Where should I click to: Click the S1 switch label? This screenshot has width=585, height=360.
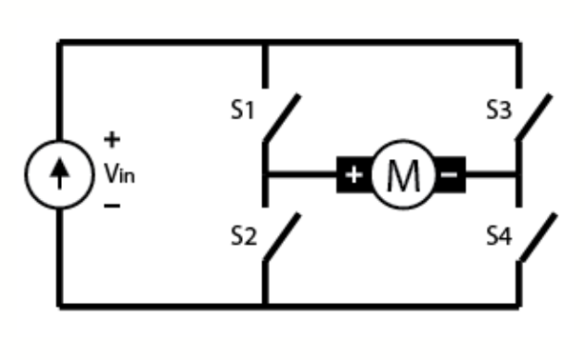point(244,110)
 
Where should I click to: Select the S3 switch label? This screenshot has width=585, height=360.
point(498,110)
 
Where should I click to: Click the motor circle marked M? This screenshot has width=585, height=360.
point(400,175)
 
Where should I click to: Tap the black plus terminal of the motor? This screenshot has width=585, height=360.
point(353,175)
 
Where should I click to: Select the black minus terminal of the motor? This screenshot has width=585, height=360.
point(451,175)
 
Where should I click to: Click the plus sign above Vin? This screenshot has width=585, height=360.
point(112,141)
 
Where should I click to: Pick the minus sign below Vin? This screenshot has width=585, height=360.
point(111,206)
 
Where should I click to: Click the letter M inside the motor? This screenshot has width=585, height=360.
point(400,175)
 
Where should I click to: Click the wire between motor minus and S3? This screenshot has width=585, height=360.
point(492,175)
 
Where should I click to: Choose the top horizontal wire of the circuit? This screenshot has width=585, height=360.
point(286,42)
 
